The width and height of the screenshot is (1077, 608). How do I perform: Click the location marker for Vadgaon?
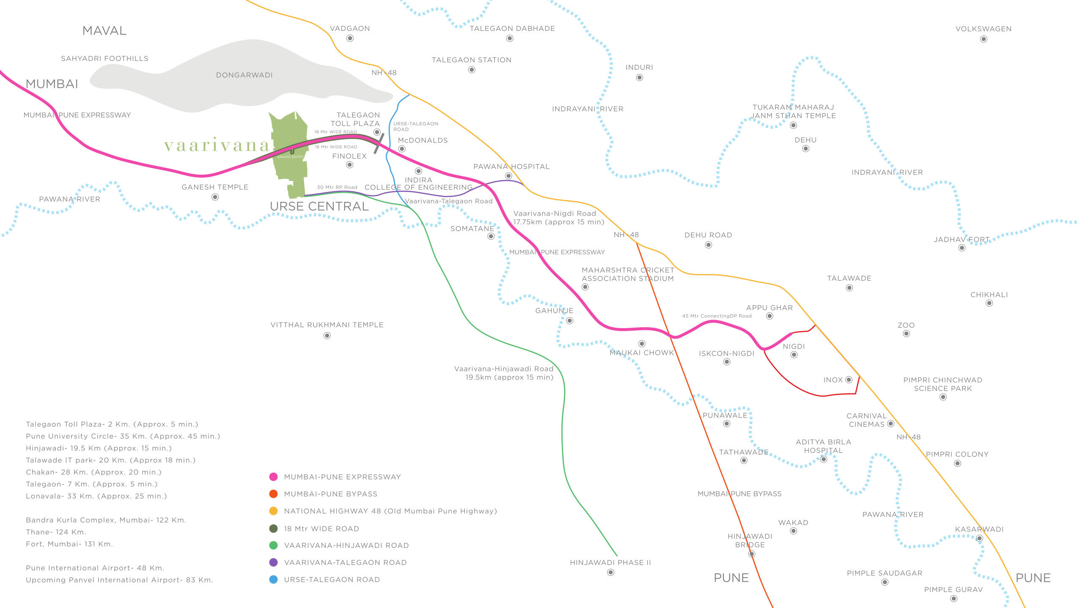click(350, 38)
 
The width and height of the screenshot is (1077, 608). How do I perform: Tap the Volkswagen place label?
click(984, 29)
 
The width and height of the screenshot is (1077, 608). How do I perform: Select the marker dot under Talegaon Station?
click(472, 70)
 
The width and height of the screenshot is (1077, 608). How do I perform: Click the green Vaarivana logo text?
click(216, 145)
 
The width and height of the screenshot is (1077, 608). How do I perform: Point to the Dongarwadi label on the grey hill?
click(244, 75)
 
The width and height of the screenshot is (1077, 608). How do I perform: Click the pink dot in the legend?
click(274, 477)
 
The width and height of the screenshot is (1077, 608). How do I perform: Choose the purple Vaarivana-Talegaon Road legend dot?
click(274, 562)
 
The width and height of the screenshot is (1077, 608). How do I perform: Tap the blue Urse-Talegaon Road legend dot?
click(274, 580)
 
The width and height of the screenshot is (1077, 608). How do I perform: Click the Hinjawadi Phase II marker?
click(611, 572)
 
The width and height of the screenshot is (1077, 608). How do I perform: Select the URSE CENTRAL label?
click(319, 206)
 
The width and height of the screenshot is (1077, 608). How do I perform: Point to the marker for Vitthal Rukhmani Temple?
click(327, 336)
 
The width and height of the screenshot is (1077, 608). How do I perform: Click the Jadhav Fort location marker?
click(962, 248)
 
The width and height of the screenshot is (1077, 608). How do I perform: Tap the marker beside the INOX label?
click(849, 380)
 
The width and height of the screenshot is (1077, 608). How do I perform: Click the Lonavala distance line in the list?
click(96, 496)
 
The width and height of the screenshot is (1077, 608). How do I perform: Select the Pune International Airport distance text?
click(95, 568)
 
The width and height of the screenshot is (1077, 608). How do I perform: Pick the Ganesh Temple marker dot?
click(215, 197)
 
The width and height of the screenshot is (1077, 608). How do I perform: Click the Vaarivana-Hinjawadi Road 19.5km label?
click(504, 373)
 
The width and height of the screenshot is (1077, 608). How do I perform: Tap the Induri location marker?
click(640, 77)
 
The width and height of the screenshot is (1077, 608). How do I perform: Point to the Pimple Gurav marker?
click(954, 599)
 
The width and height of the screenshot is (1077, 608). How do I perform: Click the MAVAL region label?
click(104, 30)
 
